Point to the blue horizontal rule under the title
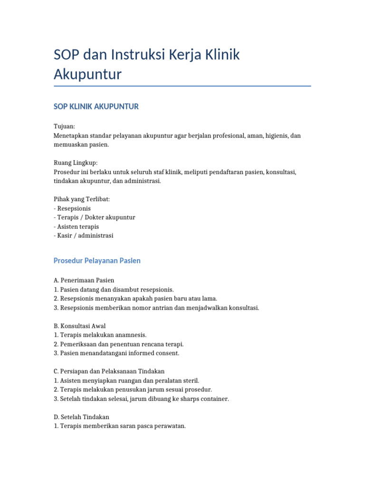click(182, 86)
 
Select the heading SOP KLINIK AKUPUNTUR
click(96, 107)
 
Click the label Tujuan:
click(65, 127)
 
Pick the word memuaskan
click(70, 145)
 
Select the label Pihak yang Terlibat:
click(82, 199)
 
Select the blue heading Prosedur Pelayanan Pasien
click(97, 261)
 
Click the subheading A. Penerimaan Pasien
click(84, 280)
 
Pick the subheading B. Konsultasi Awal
click(80, 326)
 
